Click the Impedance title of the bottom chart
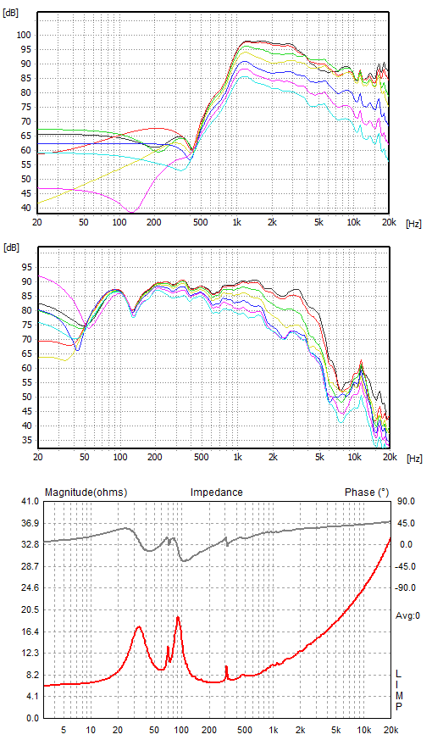tap(217, 492)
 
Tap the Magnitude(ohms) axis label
tap(86, 492)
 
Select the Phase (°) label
tap(367, 492)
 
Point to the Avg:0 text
tap(408, 615)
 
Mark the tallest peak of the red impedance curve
tap(178, 617)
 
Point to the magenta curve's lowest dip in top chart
tap(131, 212)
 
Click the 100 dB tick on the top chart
tap(24, 35)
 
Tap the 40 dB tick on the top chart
tap(25, 209)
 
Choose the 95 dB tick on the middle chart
tap(27, 268)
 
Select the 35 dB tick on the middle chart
tap(27, 441)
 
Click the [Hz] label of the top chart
tap(413, 224)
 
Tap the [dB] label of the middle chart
tap(11, 248)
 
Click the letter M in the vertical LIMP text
tap(399, 696)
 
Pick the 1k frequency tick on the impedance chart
tap(273, 730)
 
